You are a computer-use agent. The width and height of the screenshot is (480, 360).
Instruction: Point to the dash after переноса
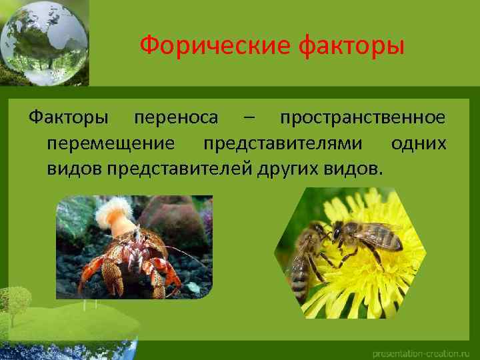(x=249, y=119)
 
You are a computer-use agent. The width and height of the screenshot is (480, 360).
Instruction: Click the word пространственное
(x=363, y=118)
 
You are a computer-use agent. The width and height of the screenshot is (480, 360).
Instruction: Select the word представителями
(x=283, y=143)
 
